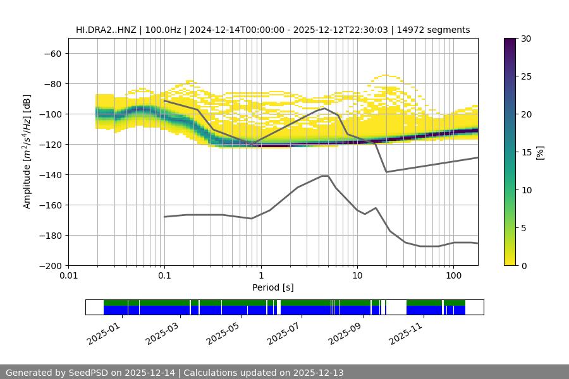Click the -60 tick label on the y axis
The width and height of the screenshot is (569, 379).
pos(52,54)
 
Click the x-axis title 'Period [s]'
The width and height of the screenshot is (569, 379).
pos(273,287)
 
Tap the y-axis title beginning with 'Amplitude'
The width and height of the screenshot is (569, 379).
pos(27,152)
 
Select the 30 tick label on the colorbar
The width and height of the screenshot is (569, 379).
pos(526,39)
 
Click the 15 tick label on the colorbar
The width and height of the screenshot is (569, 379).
pos(526,152)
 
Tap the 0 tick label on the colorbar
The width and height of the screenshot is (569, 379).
pos(523,266)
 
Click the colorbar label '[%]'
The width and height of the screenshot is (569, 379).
pos(539,152)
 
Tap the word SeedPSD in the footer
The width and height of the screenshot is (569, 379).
pos(89,373)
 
